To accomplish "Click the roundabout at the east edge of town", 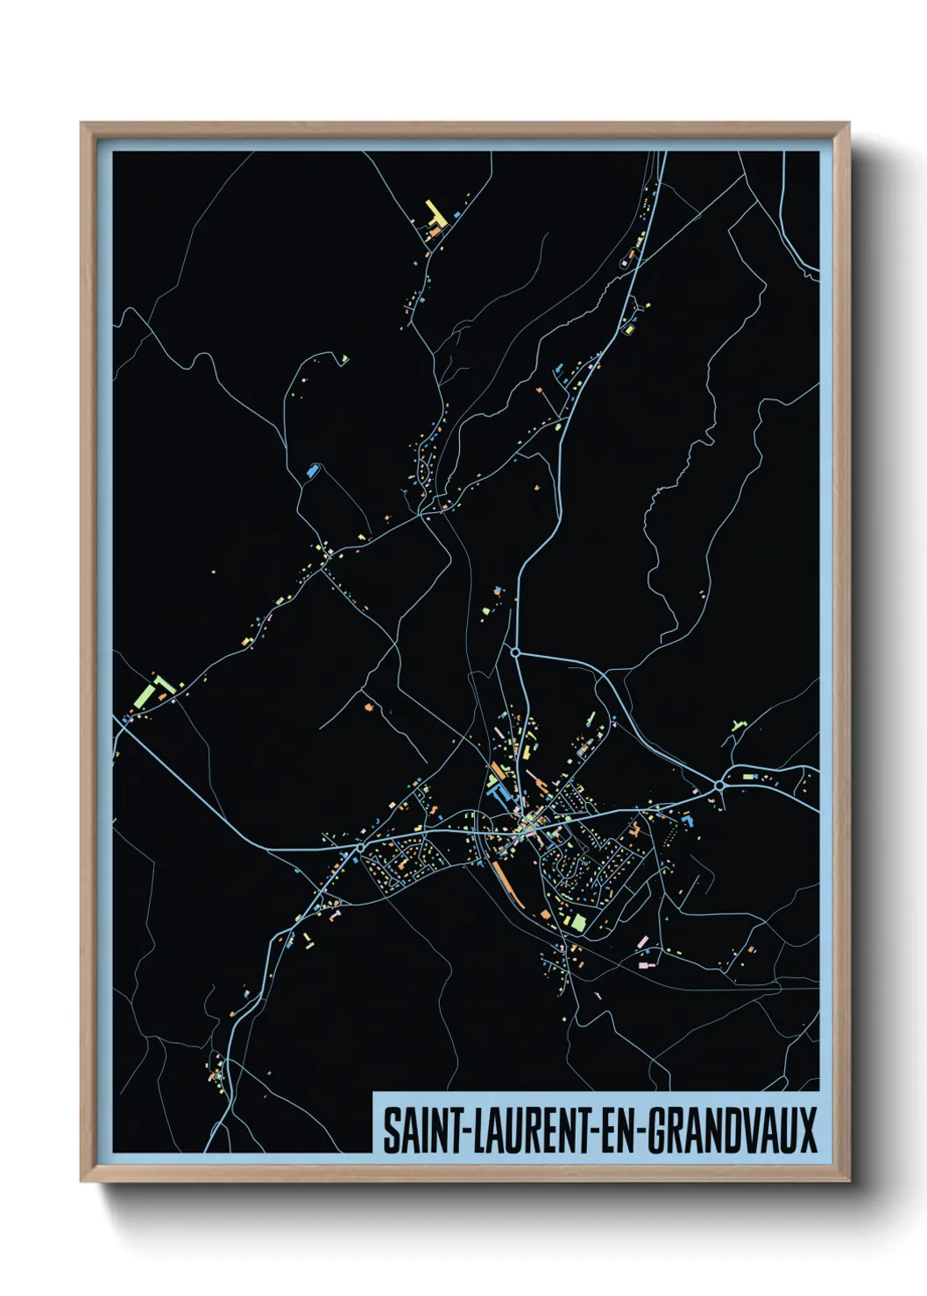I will click(719, 786).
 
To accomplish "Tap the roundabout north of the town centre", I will click(516, 652).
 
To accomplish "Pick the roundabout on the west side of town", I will click(360, 848).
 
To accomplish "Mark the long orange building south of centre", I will click(506, 879).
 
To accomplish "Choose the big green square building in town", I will click(577, 922).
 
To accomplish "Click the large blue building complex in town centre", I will click(500, 793).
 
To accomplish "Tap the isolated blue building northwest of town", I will click(312, 470).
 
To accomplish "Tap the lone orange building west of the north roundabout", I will click(369, 703).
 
